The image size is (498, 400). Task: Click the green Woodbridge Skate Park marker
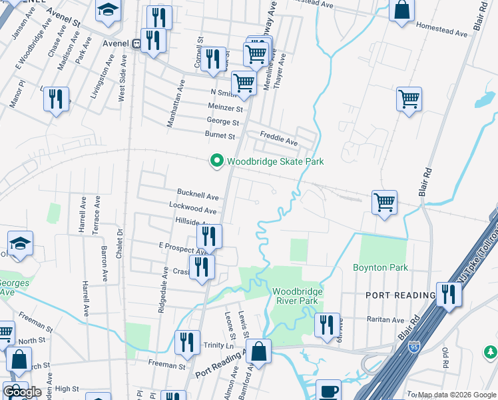pyautogui.click(x=216, y=161)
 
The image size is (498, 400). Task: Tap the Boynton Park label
pyautogui.click(x=380, y=267)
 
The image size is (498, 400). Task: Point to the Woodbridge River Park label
pyautogui.click(x=297, y=296)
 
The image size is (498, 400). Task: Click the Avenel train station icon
pyautogui.click(x=136, y=43)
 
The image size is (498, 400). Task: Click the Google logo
pyautogui.click(x=22, y=392)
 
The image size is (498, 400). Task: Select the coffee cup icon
pyautogui.click(x=328, y=391)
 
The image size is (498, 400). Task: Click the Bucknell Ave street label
pyautogui.click(x=198, y=197)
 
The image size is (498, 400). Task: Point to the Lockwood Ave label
pyautogui.click(x=193, y=209)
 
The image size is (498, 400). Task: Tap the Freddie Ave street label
pyautogui.click(x=278, y=141)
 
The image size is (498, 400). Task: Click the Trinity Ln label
pyautogui.click(x=219, y=345)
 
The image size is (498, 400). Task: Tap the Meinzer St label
pyautogui.click(x=225, y=107)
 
